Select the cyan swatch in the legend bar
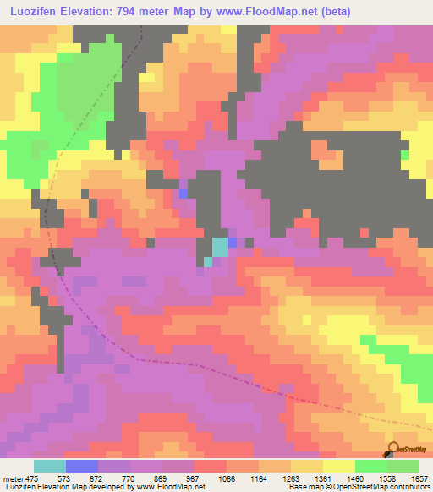[50, 466]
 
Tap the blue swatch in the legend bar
[82, 466]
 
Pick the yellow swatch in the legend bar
[339, 466]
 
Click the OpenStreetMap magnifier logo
[392, 448]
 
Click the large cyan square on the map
[220, 247]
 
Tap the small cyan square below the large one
[208, 261]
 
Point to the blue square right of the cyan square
[233, 243]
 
